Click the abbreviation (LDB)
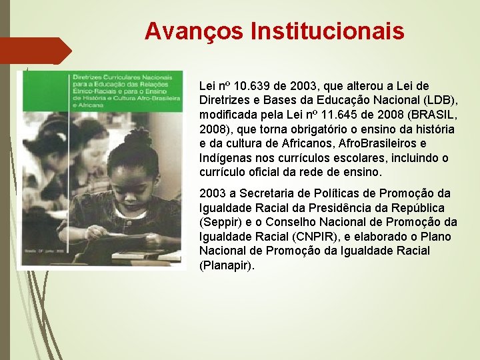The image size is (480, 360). coord(438,100)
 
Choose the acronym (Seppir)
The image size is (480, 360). coord(221,222)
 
